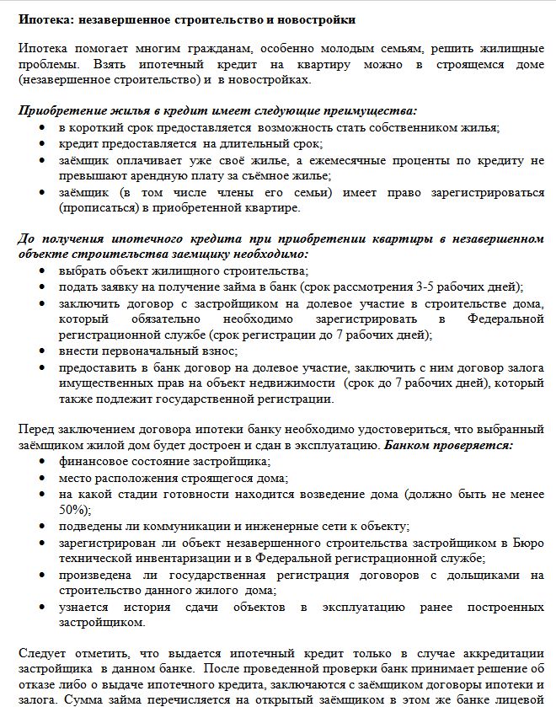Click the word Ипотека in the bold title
44,19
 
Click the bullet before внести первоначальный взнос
43,351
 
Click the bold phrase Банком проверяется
448,444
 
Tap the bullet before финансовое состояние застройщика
43,461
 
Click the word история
135,607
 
